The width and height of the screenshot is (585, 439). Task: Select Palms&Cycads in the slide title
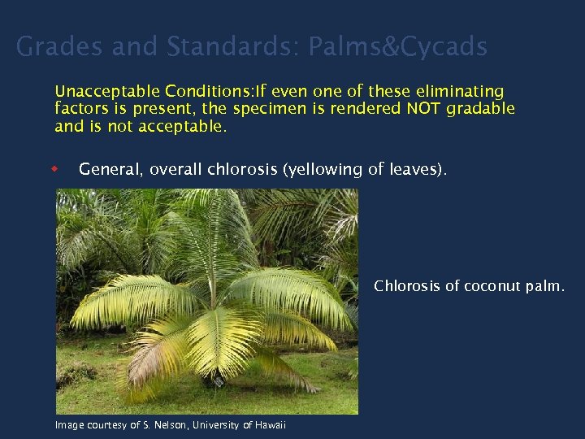(397, 47)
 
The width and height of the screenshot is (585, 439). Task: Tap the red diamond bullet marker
(56, 169)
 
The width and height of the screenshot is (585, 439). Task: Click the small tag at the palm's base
(218, 380)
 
